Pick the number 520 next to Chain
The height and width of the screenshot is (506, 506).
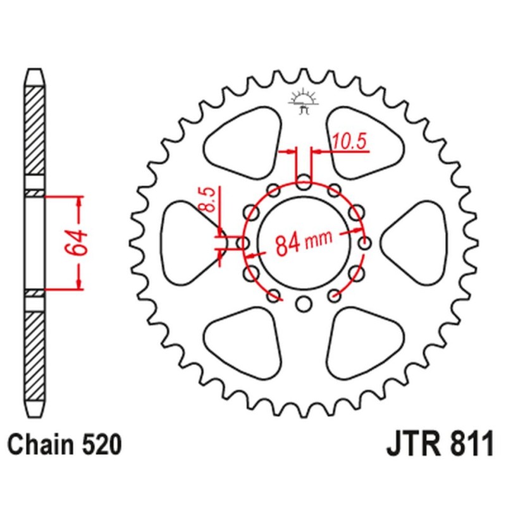click(x=100, y=445)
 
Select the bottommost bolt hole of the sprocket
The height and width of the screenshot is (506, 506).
click(x=304, y=304)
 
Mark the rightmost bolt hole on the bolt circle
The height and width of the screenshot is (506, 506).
click(x=364, y=243)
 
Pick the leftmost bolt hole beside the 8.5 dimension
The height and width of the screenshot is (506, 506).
click(x=243, y=243)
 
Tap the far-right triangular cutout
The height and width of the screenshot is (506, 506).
click(x=414, y=242)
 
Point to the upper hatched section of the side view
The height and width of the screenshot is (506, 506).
click(x=35, y=133)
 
